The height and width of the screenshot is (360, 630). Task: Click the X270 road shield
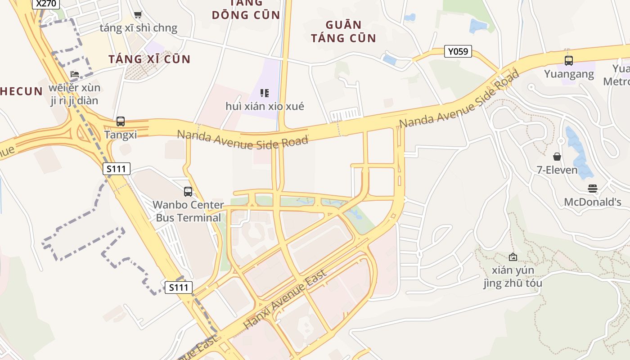47,4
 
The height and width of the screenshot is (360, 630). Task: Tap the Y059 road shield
458,51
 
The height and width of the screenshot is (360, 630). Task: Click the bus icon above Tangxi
121,121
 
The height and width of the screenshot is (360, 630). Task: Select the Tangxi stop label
120,135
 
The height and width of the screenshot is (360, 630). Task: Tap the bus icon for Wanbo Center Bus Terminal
188,191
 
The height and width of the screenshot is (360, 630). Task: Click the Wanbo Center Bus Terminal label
188,211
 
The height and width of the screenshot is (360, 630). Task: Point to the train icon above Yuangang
569,60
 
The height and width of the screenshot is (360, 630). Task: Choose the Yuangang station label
569,73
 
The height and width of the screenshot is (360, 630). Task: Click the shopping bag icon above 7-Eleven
557,157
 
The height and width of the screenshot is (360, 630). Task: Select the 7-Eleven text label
557,170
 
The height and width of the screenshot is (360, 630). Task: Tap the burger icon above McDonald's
593,189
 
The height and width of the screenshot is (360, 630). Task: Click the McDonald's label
593,202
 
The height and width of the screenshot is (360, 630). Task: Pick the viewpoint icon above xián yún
513,257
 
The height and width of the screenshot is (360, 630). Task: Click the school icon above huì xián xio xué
265,93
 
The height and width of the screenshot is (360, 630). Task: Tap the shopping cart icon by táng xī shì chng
138,15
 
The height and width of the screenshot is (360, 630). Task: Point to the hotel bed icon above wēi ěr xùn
75,74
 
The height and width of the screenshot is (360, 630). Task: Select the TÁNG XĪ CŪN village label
150,59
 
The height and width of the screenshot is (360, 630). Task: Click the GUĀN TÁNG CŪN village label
343,31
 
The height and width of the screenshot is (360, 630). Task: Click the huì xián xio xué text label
265,106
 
